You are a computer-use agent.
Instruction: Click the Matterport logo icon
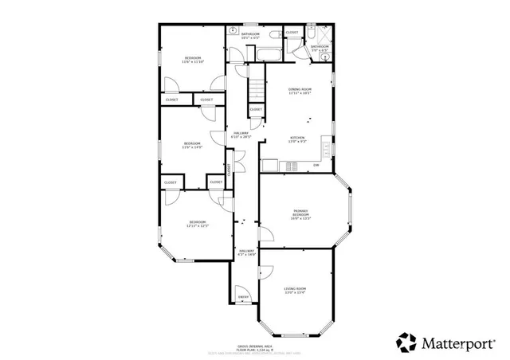click(407, 342)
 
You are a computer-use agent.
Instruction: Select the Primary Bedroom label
click(300, 213)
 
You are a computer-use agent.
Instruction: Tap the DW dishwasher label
click(316, 166)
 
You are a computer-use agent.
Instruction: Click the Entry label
click(244, 297)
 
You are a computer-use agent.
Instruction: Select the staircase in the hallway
click(253, 83)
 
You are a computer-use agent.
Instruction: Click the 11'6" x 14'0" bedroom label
click(192, 145)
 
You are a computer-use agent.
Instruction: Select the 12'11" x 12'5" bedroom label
click(197, 223)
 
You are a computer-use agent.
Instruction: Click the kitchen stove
click(271, 166)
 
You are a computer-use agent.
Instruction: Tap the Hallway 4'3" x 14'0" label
click(247, 252)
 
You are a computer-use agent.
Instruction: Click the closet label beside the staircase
click(256, 110)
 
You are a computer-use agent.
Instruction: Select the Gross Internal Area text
click(253, 347)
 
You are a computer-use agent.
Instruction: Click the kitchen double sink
click(292, 166)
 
